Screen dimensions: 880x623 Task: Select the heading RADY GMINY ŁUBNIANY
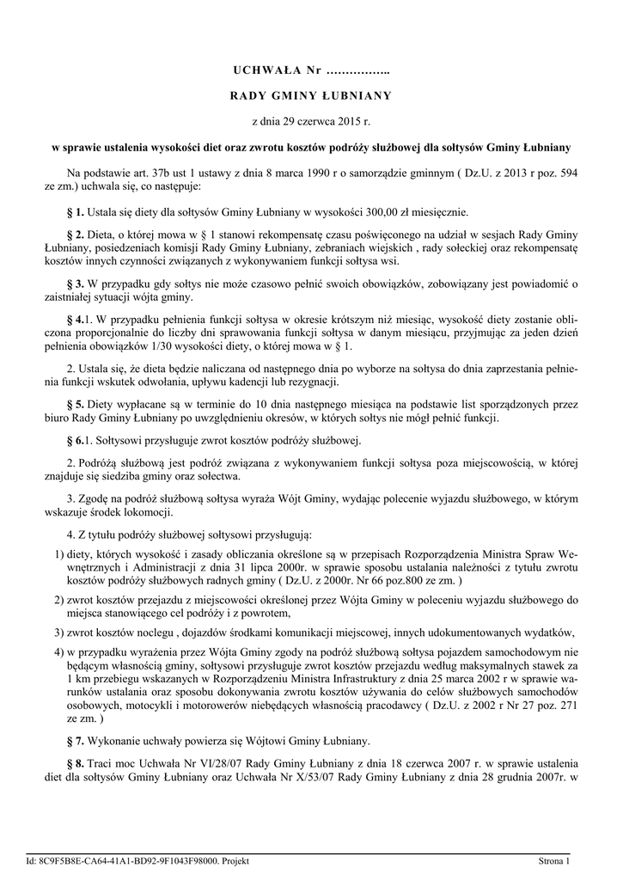pos(310,95)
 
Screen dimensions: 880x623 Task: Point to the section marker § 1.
pos(75,211)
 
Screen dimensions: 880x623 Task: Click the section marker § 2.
pos(75,235)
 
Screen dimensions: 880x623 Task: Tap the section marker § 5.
pos(75,403)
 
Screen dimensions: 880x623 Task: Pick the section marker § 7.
pos(75,740)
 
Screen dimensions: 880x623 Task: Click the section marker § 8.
pos(75,764)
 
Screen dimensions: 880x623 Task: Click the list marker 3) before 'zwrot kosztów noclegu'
pos(58,632)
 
